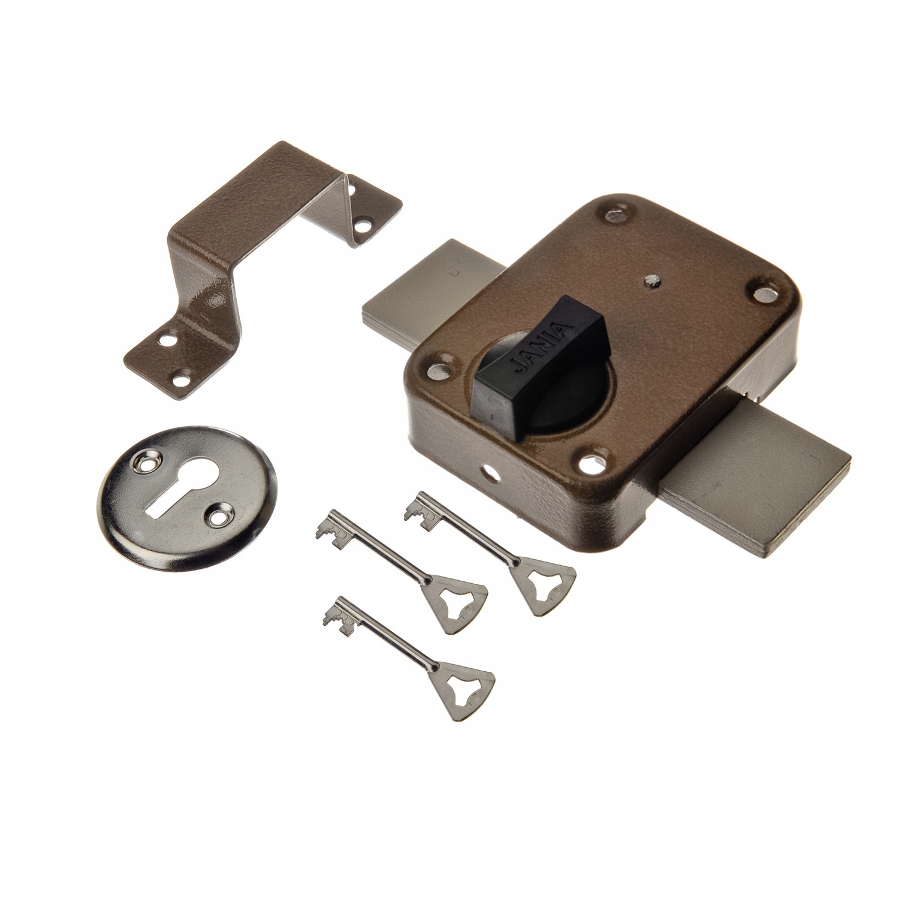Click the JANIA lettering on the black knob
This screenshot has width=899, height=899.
[542, 344]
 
